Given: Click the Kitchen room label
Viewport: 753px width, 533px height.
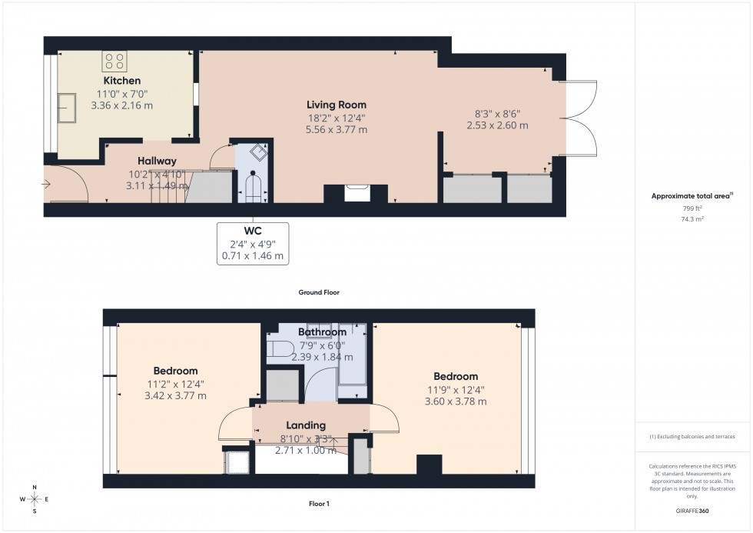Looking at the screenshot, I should coord(122,80).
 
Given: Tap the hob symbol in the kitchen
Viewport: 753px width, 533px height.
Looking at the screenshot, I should coord(115,61).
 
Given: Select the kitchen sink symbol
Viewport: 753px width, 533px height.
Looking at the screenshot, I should coord(65,108).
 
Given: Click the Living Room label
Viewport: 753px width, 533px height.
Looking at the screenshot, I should coord(336,105).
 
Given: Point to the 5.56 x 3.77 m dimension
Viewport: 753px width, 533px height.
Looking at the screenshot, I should coord(336,130).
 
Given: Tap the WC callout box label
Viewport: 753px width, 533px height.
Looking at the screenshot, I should coord(253,230).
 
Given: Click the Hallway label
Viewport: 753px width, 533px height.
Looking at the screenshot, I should coord(151,161).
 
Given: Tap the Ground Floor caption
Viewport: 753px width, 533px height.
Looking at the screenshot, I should coord(319,292).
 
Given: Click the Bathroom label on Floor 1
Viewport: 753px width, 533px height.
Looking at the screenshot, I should coord(322,332).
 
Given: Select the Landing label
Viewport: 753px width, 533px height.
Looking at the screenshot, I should coord(306,425).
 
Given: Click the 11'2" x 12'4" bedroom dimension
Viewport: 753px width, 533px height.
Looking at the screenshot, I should coord(175,384).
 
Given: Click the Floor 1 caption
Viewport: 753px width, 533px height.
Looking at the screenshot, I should coord(318,504).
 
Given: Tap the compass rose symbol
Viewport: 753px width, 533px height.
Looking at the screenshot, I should coord(35,499).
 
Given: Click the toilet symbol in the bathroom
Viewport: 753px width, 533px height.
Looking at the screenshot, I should coord(278,351).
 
